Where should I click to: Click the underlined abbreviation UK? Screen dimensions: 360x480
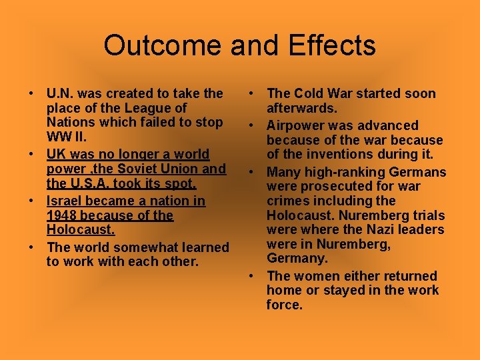pos(57,154)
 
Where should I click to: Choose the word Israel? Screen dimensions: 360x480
pos(65,201)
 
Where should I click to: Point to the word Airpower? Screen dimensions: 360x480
pos(297,125)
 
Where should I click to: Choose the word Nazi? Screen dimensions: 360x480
pos(360,230)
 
